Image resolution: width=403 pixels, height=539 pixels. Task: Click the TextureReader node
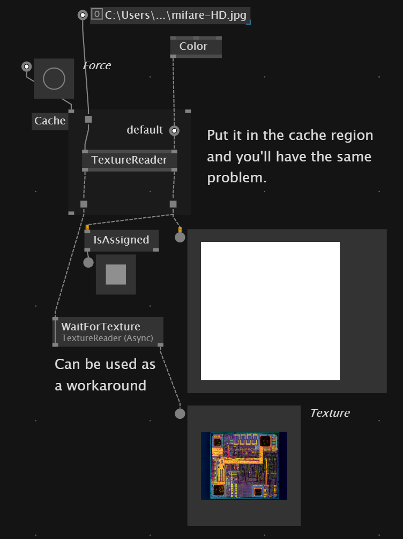130,160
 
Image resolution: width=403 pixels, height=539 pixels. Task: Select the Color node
196,47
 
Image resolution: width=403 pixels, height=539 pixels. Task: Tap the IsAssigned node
122,240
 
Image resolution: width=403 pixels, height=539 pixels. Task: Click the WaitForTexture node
108,332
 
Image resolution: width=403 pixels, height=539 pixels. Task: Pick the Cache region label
50,121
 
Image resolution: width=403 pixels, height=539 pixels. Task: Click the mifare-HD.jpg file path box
170,16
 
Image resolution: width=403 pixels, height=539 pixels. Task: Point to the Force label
97,65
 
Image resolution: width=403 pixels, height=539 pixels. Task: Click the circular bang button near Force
54,78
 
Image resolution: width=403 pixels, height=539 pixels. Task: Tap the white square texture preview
270,311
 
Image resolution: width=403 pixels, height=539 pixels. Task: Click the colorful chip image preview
244,466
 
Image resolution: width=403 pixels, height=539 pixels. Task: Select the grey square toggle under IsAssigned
116,274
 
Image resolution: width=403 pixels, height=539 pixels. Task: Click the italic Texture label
330,413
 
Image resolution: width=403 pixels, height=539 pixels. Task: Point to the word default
145,130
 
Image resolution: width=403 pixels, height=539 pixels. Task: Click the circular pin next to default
174,131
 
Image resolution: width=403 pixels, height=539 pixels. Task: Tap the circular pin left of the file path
83,15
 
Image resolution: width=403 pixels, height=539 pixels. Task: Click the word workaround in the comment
106,386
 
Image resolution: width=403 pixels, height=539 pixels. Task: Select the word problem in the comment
237,178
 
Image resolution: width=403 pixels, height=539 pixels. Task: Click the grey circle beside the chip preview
180,414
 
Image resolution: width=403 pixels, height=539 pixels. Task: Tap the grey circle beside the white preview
180,237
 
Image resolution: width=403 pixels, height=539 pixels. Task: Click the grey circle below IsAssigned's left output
88,262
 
